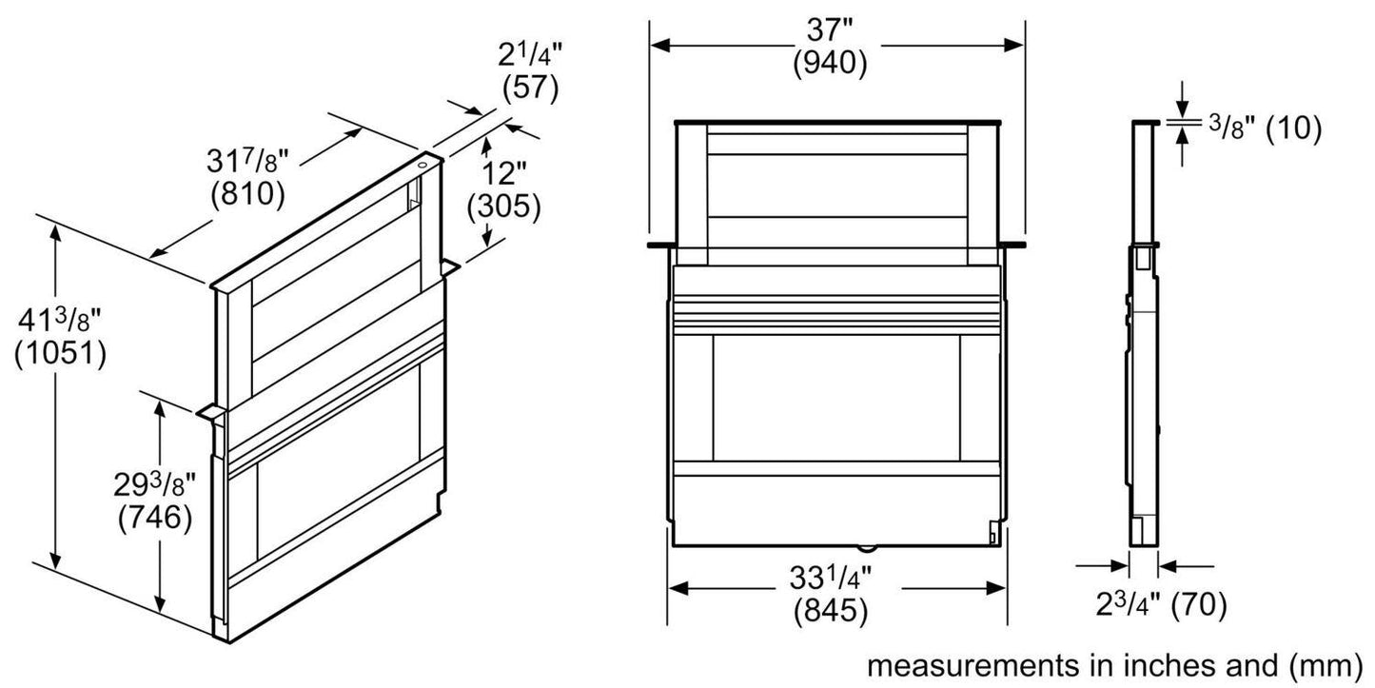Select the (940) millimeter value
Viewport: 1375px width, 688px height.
point(829,65)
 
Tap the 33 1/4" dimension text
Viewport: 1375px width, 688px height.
point(831,580)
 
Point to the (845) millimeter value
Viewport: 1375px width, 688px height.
point(831,612)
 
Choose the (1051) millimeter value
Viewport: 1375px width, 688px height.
point(60,353)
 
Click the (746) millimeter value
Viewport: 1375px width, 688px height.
point(154,519)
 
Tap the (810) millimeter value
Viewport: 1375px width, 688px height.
point(247,193)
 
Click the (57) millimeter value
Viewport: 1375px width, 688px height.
point(529,88)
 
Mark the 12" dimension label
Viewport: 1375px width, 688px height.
point(504,174)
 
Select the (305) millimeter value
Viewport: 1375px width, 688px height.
point(504,206)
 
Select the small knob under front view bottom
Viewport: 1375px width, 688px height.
point(867,546)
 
